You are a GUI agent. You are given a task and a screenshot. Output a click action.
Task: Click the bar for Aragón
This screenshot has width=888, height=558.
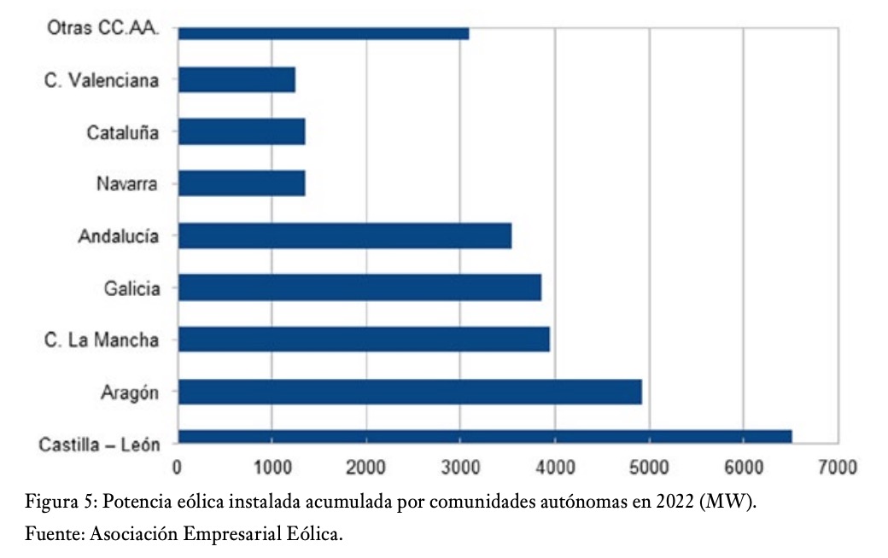(x=410, y=392)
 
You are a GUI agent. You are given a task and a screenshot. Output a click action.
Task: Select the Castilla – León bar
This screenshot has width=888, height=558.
(x=485, y=437)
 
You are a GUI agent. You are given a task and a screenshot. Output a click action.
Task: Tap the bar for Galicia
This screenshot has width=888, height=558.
(x=359, y=288)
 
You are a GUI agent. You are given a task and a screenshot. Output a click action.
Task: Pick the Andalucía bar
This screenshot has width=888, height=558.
(x=345, y=235)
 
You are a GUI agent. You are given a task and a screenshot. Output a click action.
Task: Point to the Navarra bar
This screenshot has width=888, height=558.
(x=242, y=183)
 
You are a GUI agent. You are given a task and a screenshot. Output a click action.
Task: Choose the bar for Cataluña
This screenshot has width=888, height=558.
(x=242, y=132)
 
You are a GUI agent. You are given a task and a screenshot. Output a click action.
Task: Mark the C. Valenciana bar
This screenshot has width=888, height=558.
(x=237, y=80)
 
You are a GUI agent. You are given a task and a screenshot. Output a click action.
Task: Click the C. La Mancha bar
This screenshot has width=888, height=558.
(x=364, y=340)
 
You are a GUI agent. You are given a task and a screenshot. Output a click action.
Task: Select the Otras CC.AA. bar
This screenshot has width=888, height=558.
(x=324, y=33)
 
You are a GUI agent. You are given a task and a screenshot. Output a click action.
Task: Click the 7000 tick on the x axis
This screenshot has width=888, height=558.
(x=837, y=468)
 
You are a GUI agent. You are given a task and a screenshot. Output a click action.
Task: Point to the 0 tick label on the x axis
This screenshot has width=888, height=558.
(x=177, y=468)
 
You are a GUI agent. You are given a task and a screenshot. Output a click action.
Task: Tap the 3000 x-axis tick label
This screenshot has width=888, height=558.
(x=459, y=468)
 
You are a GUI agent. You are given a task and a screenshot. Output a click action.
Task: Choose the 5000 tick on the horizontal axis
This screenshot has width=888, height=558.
(x=649, y=468)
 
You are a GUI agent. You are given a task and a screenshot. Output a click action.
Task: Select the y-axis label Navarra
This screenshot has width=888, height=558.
(x=126, y=183)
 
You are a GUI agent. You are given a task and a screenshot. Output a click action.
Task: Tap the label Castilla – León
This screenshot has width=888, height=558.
(x=99, y=445)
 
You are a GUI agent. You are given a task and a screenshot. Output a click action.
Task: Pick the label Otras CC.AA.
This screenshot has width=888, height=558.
(x=103, y=28)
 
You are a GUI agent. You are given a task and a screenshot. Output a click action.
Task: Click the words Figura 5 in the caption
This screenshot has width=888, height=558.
(x=58, y=502)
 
